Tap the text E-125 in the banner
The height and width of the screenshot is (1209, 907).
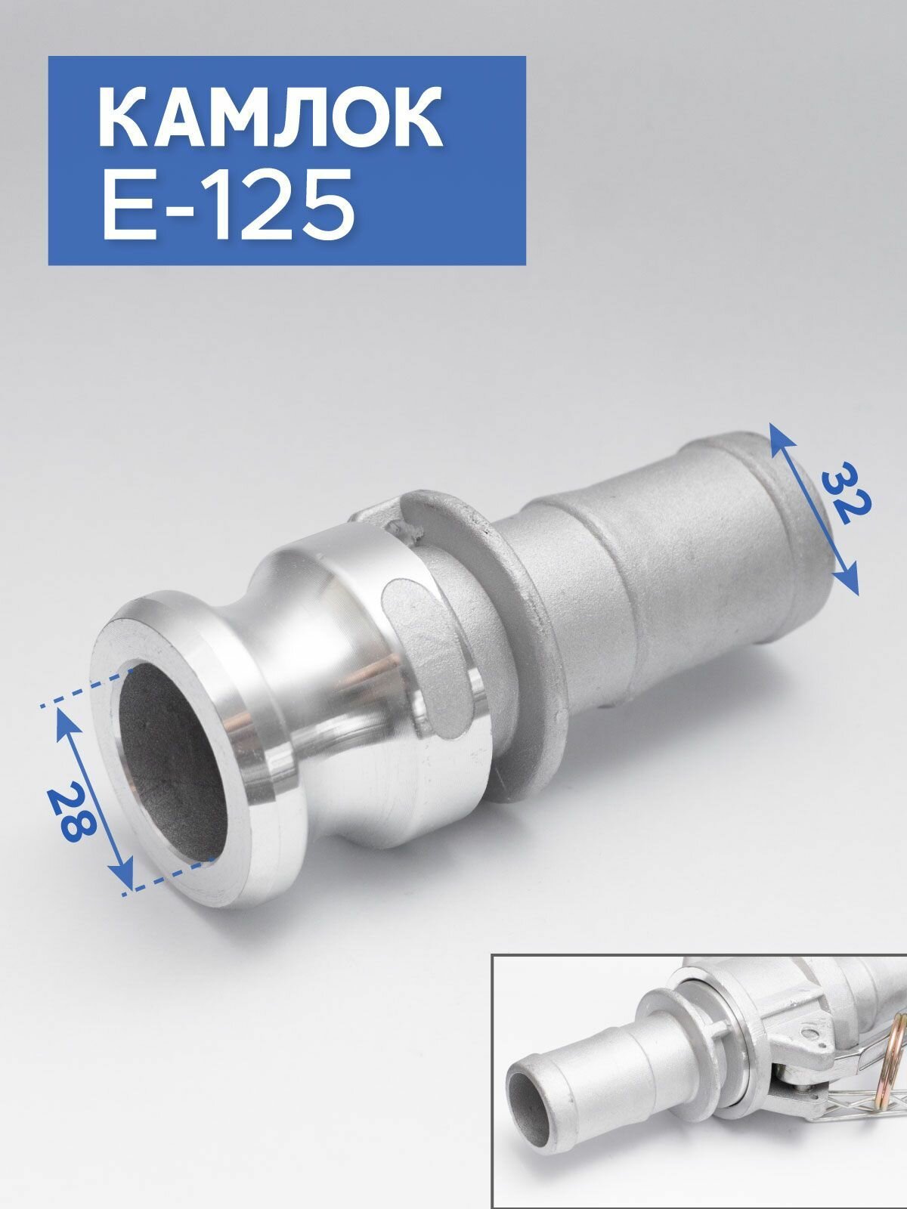(228, 205)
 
